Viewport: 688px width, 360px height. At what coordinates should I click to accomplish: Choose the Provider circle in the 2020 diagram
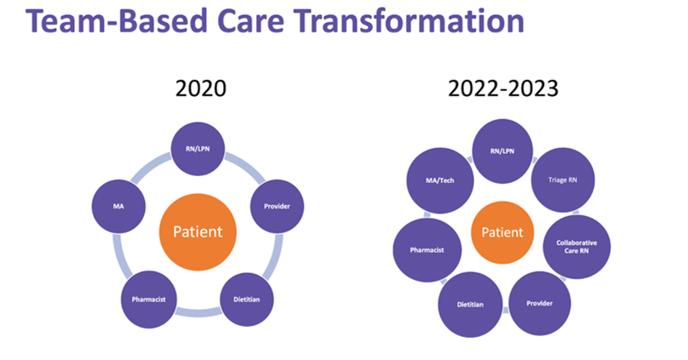click(277, 204)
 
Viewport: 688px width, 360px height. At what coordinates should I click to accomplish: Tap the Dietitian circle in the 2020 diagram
click(247, 299)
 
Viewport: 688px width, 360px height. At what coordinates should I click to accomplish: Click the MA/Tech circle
click(441, 180)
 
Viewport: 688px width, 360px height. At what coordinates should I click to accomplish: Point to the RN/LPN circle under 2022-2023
click(502, 150)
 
